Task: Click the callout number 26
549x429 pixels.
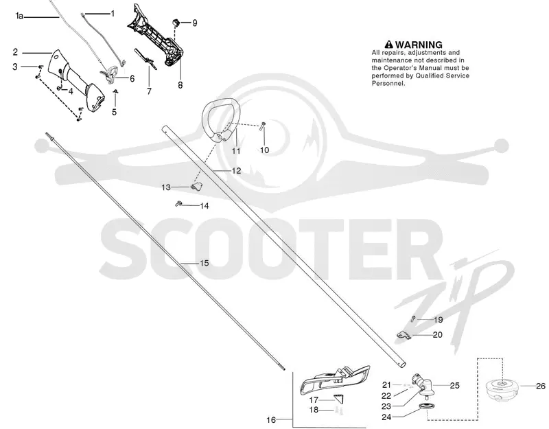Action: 541,386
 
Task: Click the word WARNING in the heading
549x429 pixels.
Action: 419,45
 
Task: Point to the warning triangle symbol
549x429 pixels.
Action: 388,45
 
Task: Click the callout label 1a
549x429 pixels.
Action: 19,16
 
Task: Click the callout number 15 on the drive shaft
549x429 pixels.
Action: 204,263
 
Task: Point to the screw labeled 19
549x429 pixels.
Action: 414,318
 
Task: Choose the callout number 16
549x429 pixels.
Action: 271,419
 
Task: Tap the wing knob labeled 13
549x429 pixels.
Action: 197,187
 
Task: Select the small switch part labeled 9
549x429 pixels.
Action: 176,23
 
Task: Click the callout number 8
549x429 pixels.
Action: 180,84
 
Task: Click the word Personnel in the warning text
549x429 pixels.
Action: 388,83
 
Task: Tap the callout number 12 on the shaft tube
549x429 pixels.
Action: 236,170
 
